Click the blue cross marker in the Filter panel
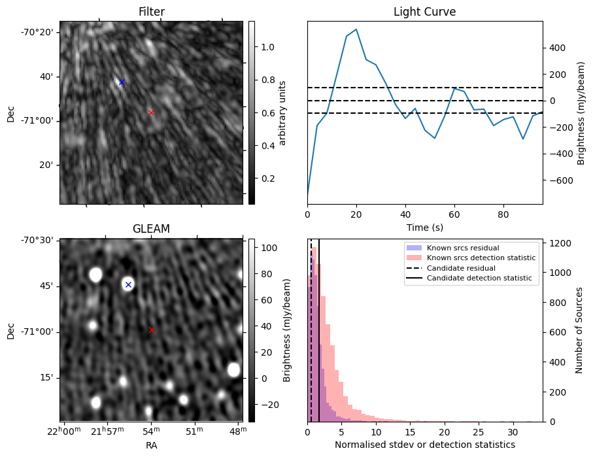(122, 82)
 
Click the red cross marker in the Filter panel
(151, 112)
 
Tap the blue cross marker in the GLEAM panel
(128, 284)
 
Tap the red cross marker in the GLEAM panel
(152, 330)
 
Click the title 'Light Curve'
(424, 12)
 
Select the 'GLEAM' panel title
(151, 229)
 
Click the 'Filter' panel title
(151, 12)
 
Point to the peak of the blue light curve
(356, 29)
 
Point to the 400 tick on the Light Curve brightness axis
(556, 48)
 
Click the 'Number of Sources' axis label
(579, 330)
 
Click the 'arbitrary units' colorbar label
(282, 112)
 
